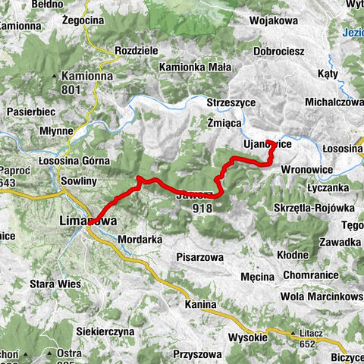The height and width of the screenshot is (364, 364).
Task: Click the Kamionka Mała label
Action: tap(195, 67)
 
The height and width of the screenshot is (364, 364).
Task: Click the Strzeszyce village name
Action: tap(234, 102)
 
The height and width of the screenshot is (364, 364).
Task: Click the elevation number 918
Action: tap(202, 208)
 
